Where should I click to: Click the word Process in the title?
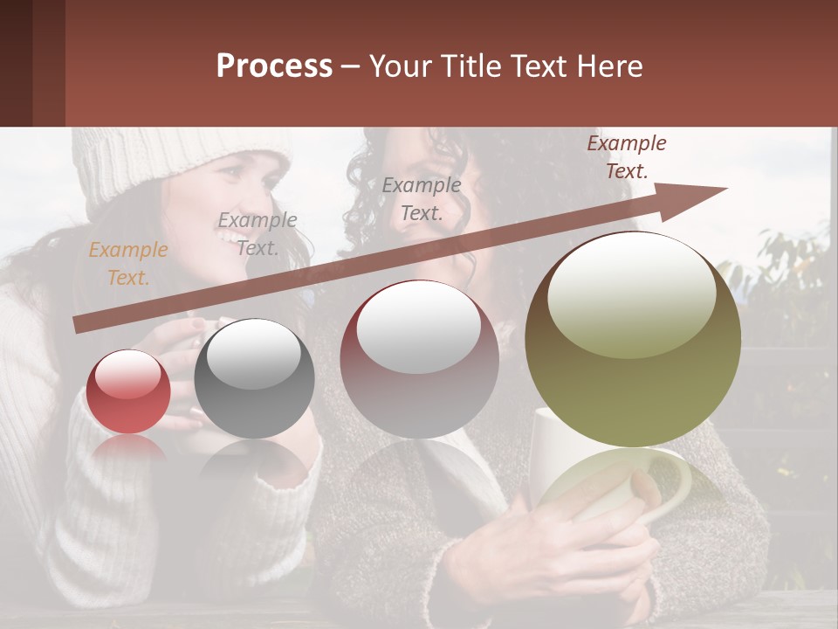[x=274, y=66]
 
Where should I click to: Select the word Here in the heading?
[x=608, y=66]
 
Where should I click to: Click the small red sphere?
[x=128, y=391]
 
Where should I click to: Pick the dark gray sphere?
[x=254, y=378]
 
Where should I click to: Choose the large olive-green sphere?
[x=633, y=339]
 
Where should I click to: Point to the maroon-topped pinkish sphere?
[x=419, y=359]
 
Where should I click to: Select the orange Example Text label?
[x=128, y=264]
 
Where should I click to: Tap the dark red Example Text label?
[x=626, y=157]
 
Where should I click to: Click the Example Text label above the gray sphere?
[x=258, y=234]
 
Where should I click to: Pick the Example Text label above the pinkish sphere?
[x=422, y=198]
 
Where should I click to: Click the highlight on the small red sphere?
[x=127, y=374]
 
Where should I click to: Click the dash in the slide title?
[x=351, y=66]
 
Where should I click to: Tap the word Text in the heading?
[x=539, y=66]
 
